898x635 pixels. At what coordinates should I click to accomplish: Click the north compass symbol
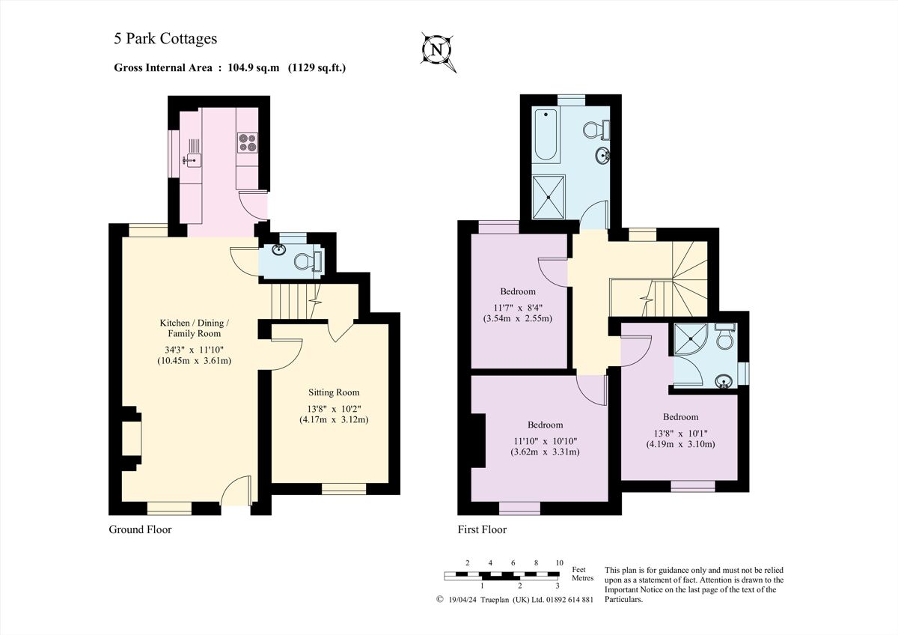click(438, 50)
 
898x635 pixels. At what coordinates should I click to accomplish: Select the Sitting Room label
click(334, 392)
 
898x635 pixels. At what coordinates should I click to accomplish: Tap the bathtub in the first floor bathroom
click(545, 135)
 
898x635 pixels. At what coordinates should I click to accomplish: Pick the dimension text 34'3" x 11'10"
click(194, 348)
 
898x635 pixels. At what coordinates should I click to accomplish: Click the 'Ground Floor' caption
click(140, 529)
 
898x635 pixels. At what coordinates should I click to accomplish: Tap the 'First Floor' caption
click(482, 529)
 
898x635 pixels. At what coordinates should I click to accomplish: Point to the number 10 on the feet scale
click(559, 562)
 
